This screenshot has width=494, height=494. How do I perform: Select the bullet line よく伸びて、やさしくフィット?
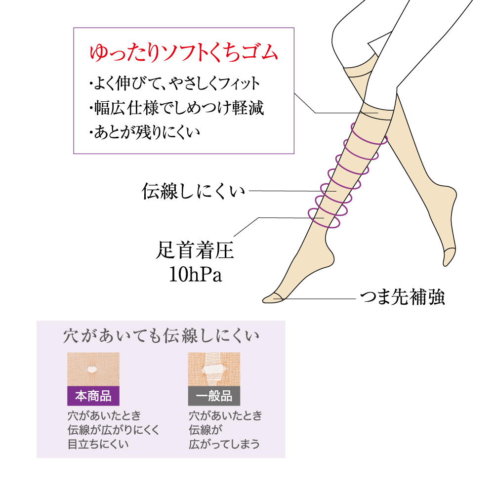point(174,83)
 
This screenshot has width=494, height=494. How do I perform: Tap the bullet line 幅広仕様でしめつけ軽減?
point(176,108)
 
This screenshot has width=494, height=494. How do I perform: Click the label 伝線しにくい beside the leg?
point(193,191)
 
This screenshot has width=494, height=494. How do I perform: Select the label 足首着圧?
point(194,251)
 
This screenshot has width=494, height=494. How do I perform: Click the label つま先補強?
point(402,298)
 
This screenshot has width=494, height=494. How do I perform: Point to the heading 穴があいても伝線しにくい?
point(161,337)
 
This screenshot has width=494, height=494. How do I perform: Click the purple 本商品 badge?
point(93,396)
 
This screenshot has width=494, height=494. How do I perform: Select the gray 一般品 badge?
point(214,396)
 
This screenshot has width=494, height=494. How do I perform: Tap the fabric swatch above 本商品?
point(93,369)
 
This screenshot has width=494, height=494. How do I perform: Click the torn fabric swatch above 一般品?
point(214,369)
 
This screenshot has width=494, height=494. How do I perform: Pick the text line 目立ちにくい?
point(98,444)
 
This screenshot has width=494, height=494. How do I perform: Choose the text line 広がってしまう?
point(224,444)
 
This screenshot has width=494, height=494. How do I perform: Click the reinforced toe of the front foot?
point(272,297)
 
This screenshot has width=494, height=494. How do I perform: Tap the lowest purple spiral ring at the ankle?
point(324,218)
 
